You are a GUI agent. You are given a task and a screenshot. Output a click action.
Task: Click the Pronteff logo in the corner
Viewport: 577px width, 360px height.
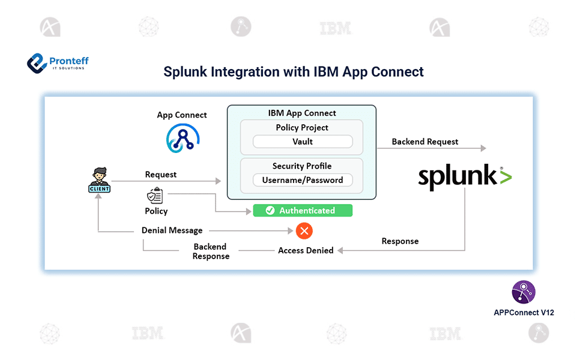tap(57, 62)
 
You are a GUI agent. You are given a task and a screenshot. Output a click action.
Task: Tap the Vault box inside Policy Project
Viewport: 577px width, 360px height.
tap(303, 142)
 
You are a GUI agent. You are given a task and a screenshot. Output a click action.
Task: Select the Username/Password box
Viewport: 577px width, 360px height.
tap(303, 180)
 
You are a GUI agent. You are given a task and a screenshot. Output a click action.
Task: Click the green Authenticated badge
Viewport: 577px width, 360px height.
tap(302, 211)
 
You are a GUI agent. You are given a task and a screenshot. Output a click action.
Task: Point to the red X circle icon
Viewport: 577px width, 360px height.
tap(304, 230)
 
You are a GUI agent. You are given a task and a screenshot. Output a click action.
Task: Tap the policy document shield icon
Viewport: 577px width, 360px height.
tap(155, 196)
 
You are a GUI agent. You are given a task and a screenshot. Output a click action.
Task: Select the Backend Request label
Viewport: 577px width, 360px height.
tap(424, 142)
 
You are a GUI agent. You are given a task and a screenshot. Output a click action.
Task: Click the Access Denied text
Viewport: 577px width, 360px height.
tap(306, 251)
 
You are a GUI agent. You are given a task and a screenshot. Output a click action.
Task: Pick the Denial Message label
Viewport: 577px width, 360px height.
tap(172, 230)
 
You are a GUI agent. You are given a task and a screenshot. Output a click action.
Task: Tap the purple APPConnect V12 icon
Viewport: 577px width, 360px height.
tap(524, 292)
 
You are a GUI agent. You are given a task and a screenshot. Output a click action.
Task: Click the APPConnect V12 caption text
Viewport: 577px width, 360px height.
tap(524, 313)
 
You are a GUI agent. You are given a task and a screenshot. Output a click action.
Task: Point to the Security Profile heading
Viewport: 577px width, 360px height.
tap(302, 166)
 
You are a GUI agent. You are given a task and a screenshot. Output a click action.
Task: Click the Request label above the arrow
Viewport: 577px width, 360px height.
tap(161, 175)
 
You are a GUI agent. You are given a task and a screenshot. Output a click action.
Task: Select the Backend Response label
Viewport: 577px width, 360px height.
tap(210, 251)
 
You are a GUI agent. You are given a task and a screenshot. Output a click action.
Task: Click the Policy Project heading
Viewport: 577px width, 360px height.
tap(302, 128)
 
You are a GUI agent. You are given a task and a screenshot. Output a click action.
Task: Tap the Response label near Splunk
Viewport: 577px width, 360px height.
tap(400, 241)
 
